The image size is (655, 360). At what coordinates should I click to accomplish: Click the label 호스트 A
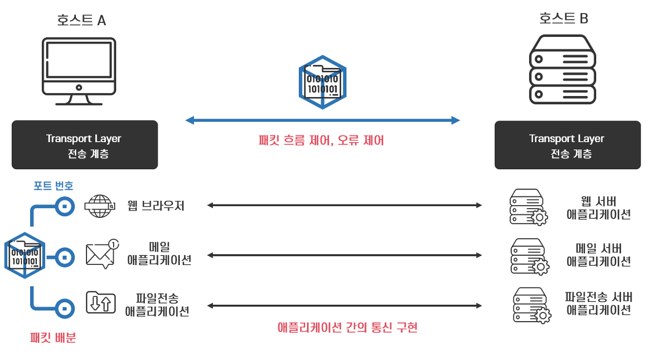[x=82, y=20]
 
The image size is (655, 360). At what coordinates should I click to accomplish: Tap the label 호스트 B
[x=564, y=18]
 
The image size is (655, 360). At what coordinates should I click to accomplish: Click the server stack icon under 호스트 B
[x=562, y=70]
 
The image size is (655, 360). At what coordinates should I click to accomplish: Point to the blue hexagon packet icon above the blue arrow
[x=322, y=82]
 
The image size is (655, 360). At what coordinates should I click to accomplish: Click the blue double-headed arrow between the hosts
[x=322, y=121]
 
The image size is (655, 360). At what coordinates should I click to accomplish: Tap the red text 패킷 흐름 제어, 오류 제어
[x=322, y=140]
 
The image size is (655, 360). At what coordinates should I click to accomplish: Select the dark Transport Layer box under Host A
[x=84, y=145]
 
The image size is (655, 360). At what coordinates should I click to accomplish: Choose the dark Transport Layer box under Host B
[x=567, y=145]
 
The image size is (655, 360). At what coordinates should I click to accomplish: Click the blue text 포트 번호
[x=53, y=186]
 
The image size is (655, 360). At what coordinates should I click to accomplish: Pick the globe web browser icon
[x=100, y=206]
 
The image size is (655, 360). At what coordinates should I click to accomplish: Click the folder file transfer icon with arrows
[x=100, y=303]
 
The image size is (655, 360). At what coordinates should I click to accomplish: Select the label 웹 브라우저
[x=156, y=206]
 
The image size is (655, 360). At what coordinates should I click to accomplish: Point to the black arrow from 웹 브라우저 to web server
[x=344, y=206]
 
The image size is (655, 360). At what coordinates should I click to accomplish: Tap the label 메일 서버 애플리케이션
[x=598, y=255]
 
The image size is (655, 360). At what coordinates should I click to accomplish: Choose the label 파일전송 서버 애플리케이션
[x=598, y=303]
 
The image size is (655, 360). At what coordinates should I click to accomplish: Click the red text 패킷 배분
[x=53, y=337]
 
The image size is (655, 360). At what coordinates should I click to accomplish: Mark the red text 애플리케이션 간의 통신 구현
[x=347, y=327]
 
